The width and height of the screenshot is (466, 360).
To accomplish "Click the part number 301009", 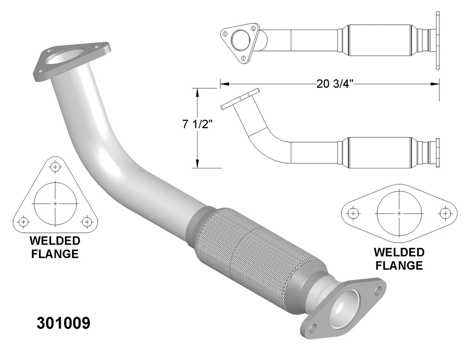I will point(64,324).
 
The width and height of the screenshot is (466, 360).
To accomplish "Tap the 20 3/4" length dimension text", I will point(334,84).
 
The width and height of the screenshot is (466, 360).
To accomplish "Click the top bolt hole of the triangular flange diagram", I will point(55,166).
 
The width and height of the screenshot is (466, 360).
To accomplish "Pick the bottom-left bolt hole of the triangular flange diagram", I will point(23,222).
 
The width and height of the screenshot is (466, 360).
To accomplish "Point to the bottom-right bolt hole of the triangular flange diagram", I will point(87,222).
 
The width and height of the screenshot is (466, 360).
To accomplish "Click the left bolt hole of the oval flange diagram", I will point(353,213).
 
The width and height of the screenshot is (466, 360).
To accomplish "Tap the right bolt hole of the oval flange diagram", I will point(445,213).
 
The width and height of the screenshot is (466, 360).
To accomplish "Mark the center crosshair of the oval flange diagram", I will point(399,213).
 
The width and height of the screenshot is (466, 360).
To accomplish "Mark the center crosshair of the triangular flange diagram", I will point(55,203).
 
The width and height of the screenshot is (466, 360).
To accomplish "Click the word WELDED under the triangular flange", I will point(55,241).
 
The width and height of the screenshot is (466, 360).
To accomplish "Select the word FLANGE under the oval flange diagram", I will point(399,265).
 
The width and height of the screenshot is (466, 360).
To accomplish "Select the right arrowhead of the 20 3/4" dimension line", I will point(435,84).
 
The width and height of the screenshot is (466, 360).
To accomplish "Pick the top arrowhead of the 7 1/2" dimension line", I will point(197,91).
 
